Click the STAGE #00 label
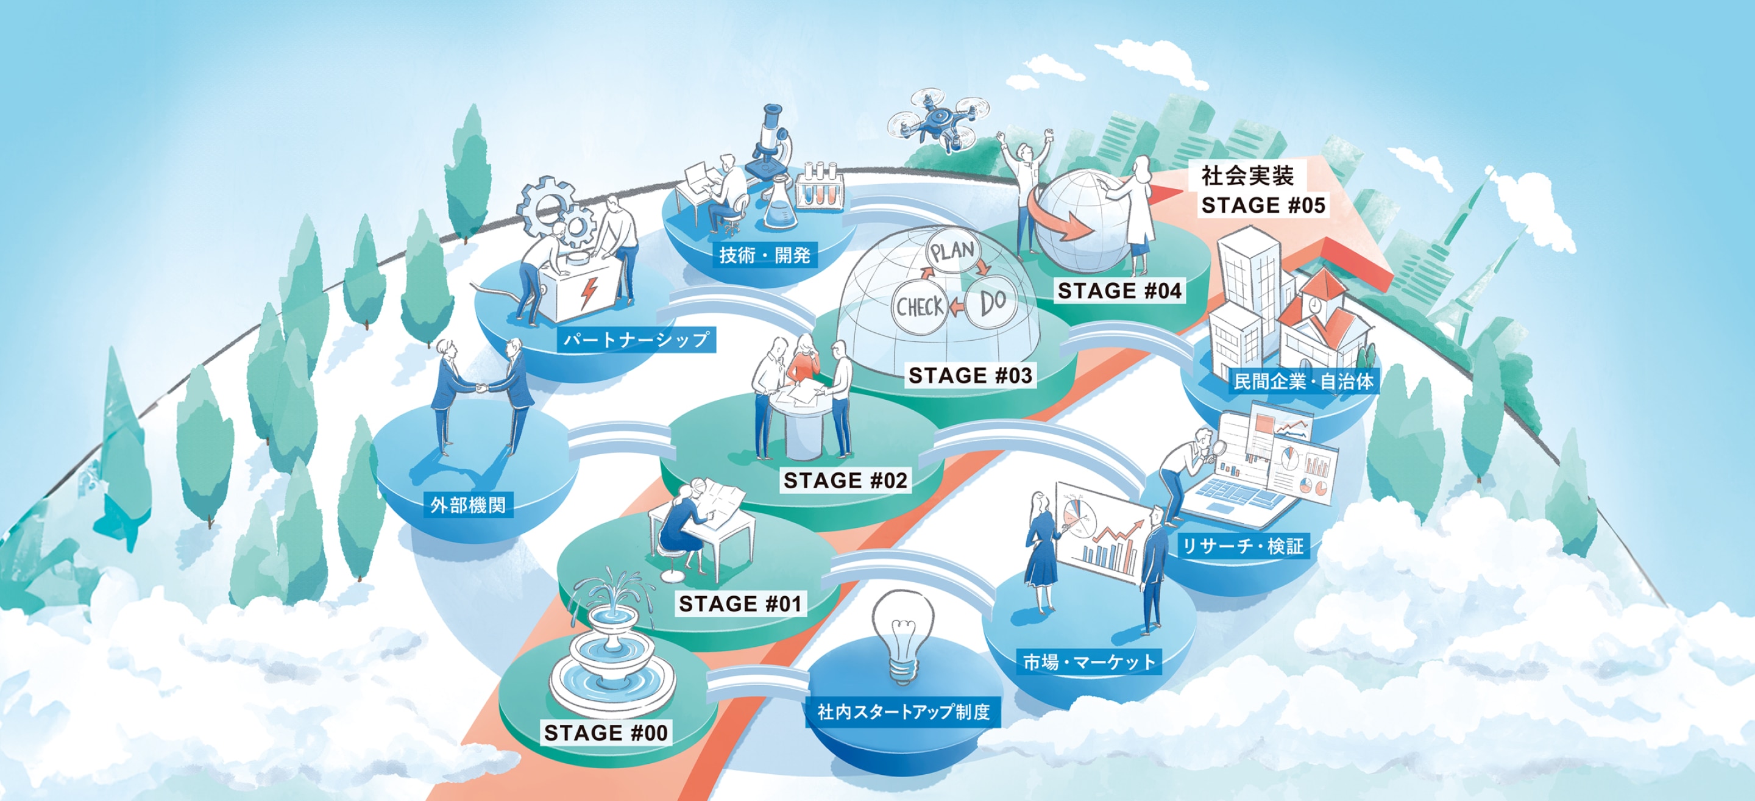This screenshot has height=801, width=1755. point(605,732)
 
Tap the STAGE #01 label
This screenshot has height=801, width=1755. point(740,603)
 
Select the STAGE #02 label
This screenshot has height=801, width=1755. point(845,480)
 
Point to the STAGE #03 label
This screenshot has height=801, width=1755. point(970,375)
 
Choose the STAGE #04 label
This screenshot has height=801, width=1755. point(1119,290)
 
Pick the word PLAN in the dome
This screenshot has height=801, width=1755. point(953,251)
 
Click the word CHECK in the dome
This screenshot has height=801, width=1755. point(919,307)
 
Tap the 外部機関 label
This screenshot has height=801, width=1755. point(468,505)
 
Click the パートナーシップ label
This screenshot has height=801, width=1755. point(636,339)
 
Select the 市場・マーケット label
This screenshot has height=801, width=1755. point(1090,661)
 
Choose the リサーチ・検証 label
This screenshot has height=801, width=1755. point(1242,546)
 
